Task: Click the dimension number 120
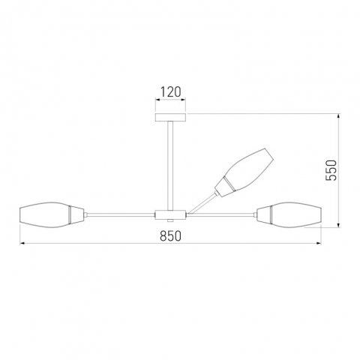171,93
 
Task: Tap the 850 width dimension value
171,235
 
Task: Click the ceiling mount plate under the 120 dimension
171,116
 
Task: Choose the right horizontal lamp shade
295,214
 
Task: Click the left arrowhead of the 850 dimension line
22,244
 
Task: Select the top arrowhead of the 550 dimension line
340,116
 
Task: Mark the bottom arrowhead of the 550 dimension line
340,223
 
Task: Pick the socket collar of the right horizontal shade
262,214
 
